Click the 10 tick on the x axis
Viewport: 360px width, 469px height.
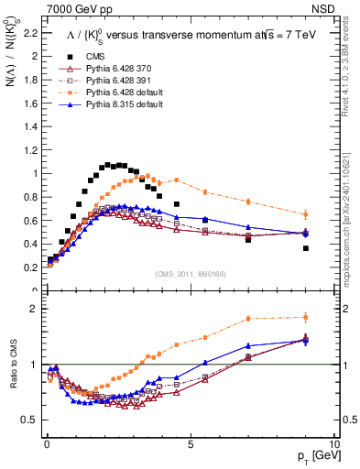334,443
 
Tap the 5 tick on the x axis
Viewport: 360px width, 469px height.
190,443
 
